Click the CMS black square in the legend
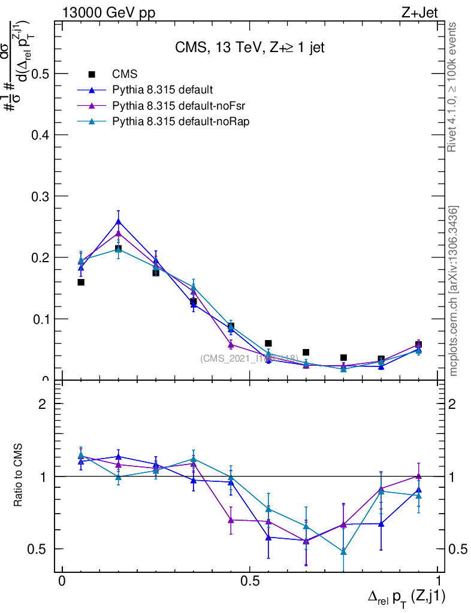click(92, 74)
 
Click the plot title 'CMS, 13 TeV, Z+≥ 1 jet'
click(249, 48)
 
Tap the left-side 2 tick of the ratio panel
click(43, 404)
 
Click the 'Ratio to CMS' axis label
click(19, 476)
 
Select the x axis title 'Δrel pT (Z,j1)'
click(407, 596)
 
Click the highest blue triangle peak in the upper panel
click(118, 221)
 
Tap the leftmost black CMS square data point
click(81, 282)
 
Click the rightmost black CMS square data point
click(418, 345)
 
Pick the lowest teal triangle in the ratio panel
click(343, 551)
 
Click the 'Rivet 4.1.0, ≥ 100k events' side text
click(453, 87)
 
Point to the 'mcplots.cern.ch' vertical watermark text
click(454, 291)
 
